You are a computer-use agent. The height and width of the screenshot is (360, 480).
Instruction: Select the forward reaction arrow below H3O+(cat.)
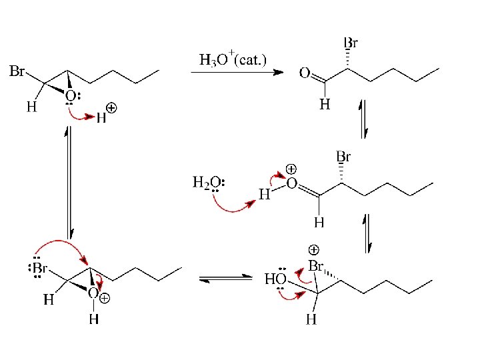click(x=236, y=73)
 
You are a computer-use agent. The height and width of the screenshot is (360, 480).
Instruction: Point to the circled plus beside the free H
click(x=111, y=107)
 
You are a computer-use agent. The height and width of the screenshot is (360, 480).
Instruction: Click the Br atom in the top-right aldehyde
click(x=351, y=43)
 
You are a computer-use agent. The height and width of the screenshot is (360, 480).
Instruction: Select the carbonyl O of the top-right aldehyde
click(x=305, y=73)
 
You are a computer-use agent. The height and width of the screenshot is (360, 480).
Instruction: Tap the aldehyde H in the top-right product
click(x=325, y=104)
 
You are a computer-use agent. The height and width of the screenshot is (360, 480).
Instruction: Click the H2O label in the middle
click(x=207, y=182)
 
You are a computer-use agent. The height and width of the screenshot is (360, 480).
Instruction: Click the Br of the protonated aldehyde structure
click(x=343, y=158)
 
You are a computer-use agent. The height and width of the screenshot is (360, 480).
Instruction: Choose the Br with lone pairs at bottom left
click(x=39, y=269)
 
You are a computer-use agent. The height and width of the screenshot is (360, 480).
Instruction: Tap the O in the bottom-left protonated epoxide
click(x=93, y=294)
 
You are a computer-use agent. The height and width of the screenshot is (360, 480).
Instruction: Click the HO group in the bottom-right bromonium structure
click(x=275, y=279)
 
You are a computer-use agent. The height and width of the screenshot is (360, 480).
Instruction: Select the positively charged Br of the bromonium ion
click(x=315, y=267)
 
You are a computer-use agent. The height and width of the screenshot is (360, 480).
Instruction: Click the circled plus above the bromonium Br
click(x=313, y=250)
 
